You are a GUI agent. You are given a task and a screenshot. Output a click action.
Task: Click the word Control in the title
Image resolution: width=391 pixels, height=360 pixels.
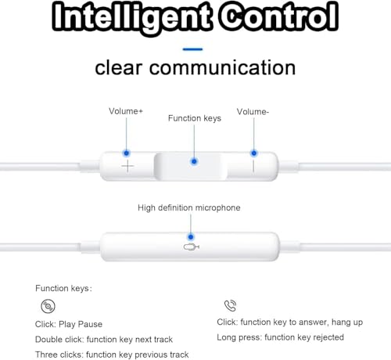pos(278,16)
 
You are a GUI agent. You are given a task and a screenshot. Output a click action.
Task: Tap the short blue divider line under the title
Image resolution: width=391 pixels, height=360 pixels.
pos(192,49)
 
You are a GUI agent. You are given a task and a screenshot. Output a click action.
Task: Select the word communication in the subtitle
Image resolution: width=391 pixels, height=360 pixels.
pos(222,68)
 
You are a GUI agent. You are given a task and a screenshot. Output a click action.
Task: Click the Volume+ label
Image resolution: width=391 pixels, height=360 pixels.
pos(126,111)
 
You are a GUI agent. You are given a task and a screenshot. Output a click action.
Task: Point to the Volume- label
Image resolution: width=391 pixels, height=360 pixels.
pos(253,112)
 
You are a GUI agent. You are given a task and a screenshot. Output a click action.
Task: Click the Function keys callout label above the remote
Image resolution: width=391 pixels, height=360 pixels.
pos(195,118)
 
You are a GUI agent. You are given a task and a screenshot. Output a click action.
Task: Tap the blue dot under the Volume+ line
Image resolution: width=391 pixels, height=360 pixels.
pos(127,153)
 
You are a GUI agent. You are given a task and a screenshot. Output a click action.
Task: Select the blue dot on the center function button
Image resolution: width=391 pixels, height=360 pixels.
pos(194,162)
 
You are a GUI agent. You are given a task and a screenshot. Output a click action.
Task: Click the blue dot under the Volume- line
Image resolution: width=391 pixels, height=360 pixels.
pos(254,153)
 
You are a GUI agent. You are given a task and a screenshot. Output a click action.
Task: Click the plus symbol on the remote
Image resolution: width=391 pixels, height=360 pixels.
pos(127,166)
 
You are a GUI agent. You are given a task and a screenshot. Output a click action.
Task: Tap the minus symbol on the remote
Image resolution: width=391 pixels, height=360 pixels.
pos(253,166)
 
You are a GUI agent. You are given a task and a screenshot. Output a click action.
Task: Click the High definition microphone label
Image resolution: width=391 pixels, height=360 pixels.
pos(189,208)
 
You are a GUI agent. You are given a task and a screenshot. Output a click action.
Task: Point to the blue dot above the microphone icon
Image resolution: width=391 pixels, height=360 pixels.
pos(191,237)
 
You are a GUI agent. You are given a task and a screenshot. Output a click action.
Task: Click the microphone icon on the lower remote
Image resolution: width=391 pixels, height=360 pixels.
pos(192,247)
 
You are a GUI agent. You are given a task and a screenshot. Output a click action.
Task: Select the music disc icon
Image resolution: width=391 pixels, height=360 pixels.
pos(48,306)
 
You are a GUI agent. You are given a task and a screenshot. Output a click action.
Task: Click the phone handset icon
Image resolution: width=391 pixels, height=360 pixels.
pos(230,305)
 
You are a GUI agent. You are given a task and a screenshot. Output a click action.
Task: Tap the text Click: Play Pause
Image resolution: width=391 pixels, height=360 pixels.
pos(69,324)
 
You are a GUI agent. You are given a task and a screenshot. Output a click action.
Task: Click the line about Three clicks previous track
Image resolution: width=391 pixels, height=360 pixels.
pos(112,355)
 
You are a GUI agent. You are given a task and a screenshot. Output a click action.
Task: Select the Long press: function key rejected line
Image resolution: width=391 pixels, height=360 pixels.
pos(280,337)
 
